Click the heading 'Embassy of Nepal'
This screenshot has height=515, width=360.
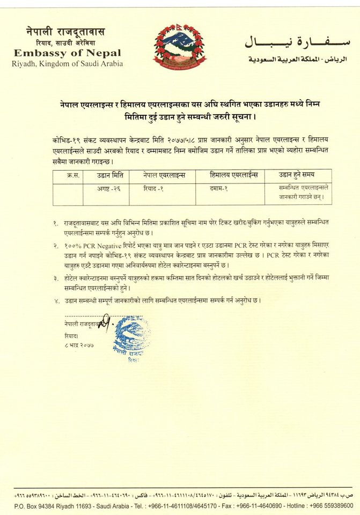pyautogui.click(x=67, y=53)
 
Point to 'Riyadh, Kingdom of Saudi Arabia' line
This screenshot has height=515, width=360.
pyautogui.click(x=67, y=63)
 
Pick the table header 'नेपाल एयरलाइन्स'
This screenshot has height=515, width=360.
pyautogui.click(x=164, y=175)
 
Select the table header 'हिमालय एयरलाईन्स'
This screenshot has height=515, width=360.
pyautogui.click(x=234, y=175)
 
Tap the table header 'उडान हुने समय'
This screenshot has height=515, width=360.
pyautogui.click(x=297, y=175)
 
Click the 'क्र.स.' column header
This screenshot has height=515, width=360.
pyautogui.click(x=74, y=175)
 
